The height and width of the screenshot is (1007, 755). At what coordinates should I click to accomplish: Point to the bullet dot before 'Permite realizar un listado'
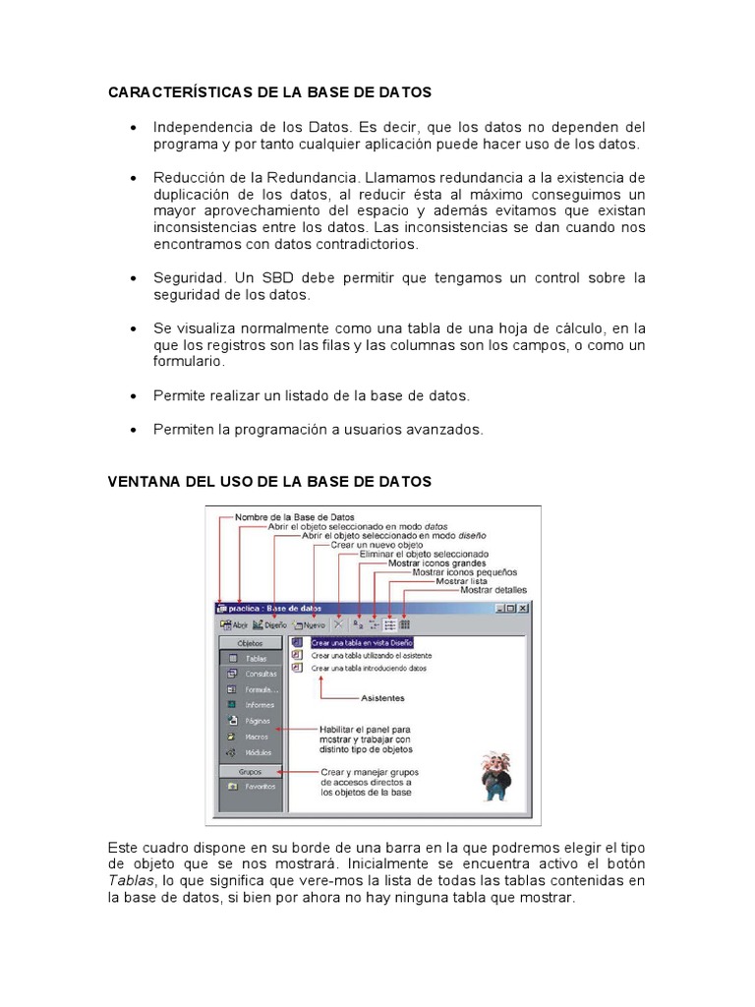(x=133, y=396)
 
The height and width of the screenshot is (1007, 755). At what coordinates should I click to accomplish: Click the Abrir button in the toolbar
(x=235, y=624)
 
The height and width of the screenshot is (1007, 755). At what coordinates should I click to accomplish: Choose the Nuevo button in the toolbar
(x=309, y=624)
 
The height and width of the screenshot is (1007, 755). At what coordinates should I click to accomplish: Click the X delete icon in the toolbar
(x=338, y=624)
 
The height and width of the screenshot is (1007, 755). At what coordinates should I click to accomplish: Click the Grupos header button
(x=251, y=771)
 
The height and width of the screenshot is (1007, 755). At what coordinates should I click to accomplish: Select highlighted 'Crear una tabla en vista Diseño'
(x=356, y=641)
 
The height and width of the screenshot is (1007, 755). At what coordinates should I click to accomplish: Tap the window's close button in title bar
(x=523, y=609)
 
